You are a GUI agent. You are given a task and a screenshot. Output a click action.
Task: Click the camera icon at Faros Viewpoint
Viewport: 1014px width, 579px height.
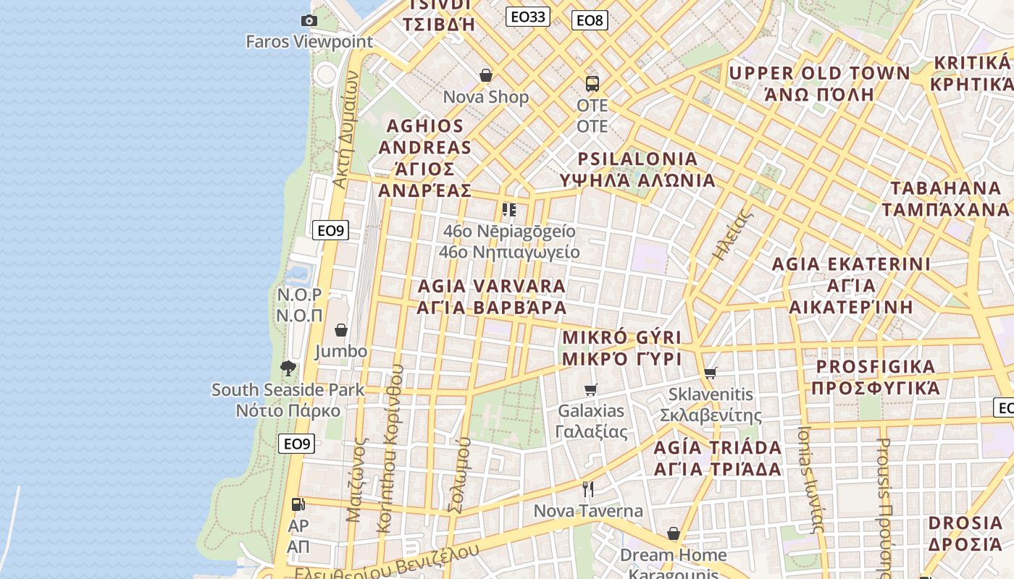point(309,20)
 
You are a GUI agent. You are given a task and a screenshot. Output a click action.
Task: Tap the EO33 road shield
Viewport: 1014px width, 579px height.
point(527,17)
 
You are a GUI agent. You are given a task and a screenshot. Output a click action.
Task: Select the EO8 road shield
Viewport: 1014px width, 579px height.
point(590,20)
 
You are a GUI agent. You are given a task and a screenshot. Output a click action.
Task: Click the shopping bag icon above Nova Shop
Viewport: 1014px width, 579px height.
point(486,75)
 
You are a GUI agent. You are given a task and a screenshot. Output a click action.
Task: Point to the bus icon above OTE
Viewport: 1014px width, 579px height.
point(592,84)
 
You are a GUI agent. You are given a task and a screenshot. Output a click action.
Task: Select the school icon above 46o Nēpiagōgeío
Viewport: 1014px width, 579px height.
point(509,210)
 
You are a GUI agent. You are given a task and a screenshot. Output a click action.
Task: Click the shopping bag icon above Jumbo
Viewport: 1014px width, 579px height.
point(341,330)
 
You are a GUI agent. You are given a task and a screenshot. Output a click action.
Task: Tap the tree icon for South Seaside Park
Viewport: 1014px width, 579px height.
point(288,368)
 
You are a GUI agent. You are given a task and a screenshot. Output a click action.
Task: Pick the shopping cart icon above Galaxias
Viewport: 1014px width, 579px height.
point(591,389)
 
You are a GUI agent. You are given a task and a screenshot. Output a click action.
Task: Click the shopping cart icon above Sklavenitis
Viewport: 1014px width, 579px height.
point(710,373)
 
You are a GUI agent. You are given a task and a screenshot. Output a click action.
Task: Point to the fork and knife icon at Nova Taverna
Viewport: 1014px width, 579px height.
point(588,490)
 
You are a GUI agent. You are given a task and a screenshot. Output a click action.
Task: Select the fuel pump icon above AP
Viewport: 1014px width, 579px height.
point(298,504)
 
